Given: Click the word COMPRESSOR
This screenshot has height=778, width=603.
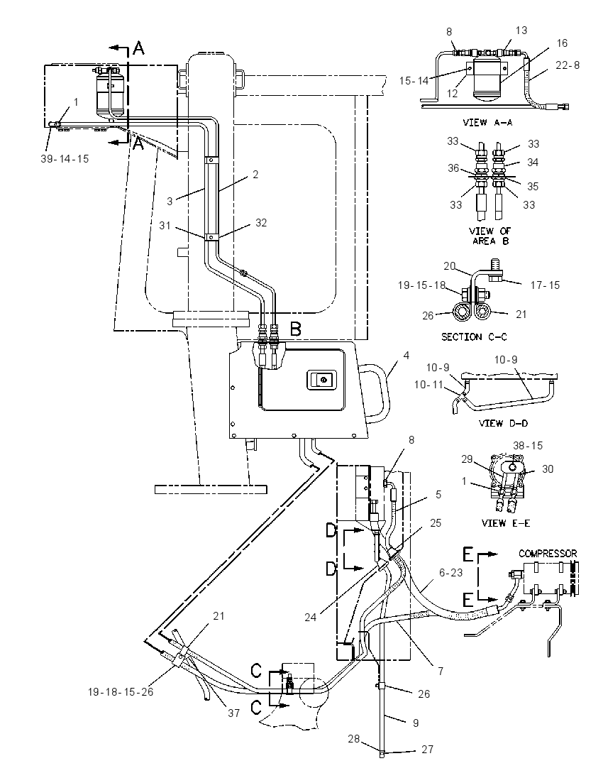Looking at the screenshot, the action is point(548,553).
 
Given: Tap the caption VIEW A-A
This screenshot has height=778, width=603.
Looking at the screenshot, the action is point(487,122).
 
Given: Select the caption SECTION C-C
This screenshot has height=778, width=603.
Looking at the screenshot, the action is point(474,337).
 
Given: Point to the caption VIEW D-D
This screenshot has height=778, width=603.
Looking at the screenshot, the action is point(503,423).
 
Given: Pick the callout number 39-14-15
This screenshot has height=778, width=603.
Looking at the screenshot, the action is point(65,159).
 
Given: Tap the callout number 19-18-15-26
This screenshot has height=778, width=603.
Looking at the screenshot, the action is point(121,691).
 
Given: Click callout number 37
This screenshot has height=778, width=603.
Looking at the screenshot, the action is point(233,713).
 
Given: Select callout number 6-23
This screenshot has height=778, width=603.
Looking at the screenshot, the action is point(450,573).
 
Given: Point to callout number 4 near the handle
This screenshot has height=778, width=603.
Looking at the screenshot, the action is point(406,355).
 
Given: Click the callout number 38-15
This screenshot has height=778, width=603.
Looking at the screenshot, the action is point(528,446).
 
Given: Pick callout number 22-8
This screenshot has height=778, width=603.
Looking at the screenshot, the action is point(568,65).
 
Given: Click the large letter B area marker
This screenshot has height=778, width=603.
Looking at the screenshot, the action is point(296,329).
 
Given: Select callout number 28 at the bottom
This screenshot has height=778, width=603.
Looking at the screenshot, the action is point(353,739).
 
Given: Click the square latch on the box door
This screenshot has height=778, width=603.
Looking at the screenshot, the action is point(323,380).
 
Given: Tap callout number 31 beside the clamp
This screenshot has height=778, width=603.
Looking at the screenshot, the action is point(165,226).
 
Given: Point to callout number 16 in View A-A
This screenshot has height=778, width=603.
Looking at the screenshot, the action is point(562,43).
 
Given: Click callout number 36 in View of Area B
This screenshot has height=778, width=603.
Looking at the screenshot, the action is point(453,168).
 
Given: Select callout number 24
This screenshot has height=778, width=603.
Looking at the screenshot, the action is point(311,618).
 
